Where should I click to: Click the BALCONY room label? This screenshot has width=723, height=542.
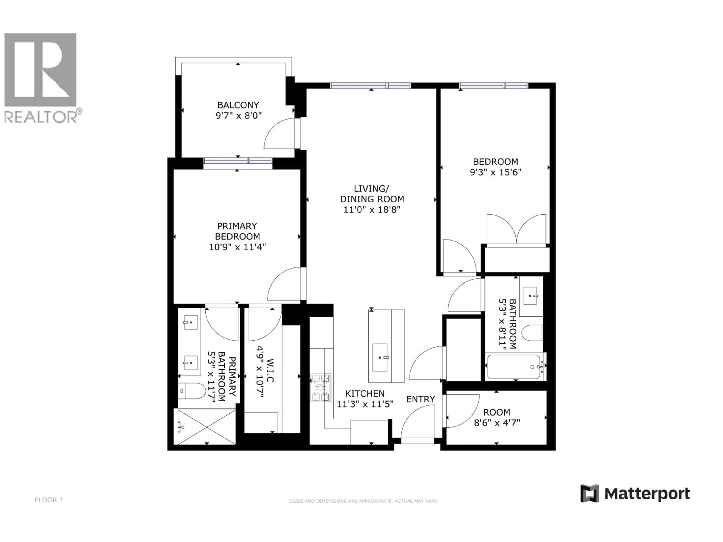(x=238, y=105)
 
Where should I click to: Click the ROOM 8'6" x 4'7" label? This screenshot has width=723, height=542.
(x=496, y=418)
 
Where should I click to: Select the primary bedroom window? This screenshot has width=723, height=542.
(x=238, y=161)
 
